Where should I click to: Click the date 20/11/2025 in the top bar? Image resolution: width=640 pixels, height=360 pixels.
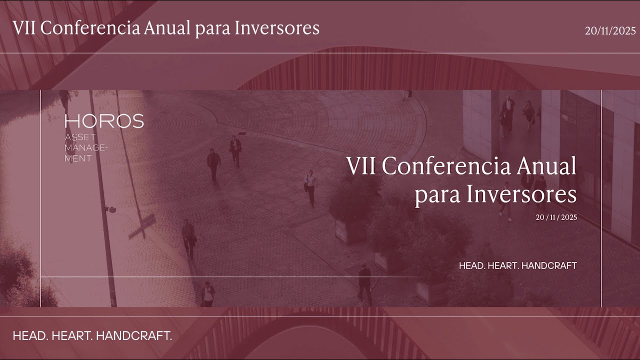pyautogui.click(x=610, y=31)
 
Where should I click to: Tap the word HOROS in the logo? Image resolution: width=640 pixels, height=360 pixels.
pyautogui.click(x=104, y=121)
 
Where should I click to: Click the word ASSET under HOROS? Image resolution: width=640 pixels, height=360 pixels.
pyautogui.click(x=80, y=137)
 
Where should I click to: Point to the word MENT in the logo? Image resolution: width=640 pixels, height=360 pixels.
pyautogui.click(x=78, y=158)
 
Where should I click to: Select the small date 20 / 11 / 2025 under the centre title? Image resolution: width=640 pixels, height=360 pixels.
pyautogui.click(x=556, y=217)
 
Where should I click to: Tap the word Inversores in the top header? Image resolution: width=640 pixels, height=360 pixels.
pyautogui.click(x=277, y=28)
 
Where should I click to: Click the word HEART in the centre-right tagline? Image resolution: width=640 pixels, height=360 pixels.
pyautogui.click(x=502, y=266)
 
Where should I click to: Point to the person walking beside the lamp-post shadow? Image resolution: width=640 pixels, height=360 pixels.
pyautogui.click(x=188, y=238)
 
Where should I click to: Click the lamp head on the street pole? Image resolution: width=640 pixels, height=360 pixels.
pyautogui.click(x=111, y=209)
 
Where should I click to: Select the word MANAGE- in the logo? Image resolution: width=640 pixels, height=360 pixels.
pyautogui.click(x=86, y=148)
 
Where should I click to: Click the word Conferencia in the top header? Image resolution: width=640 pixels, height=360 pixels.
pyautogui.click(x=90, y=28)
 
